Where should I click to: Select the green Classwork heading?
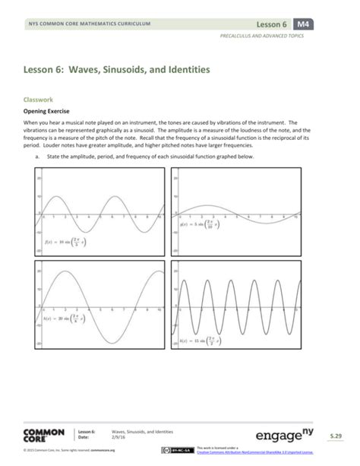40,99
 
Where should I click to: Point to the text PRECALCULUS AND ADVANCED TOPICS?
266,36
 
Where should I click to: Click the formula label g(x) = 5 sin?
201,224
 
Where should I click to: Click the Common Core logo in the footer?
43,436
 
